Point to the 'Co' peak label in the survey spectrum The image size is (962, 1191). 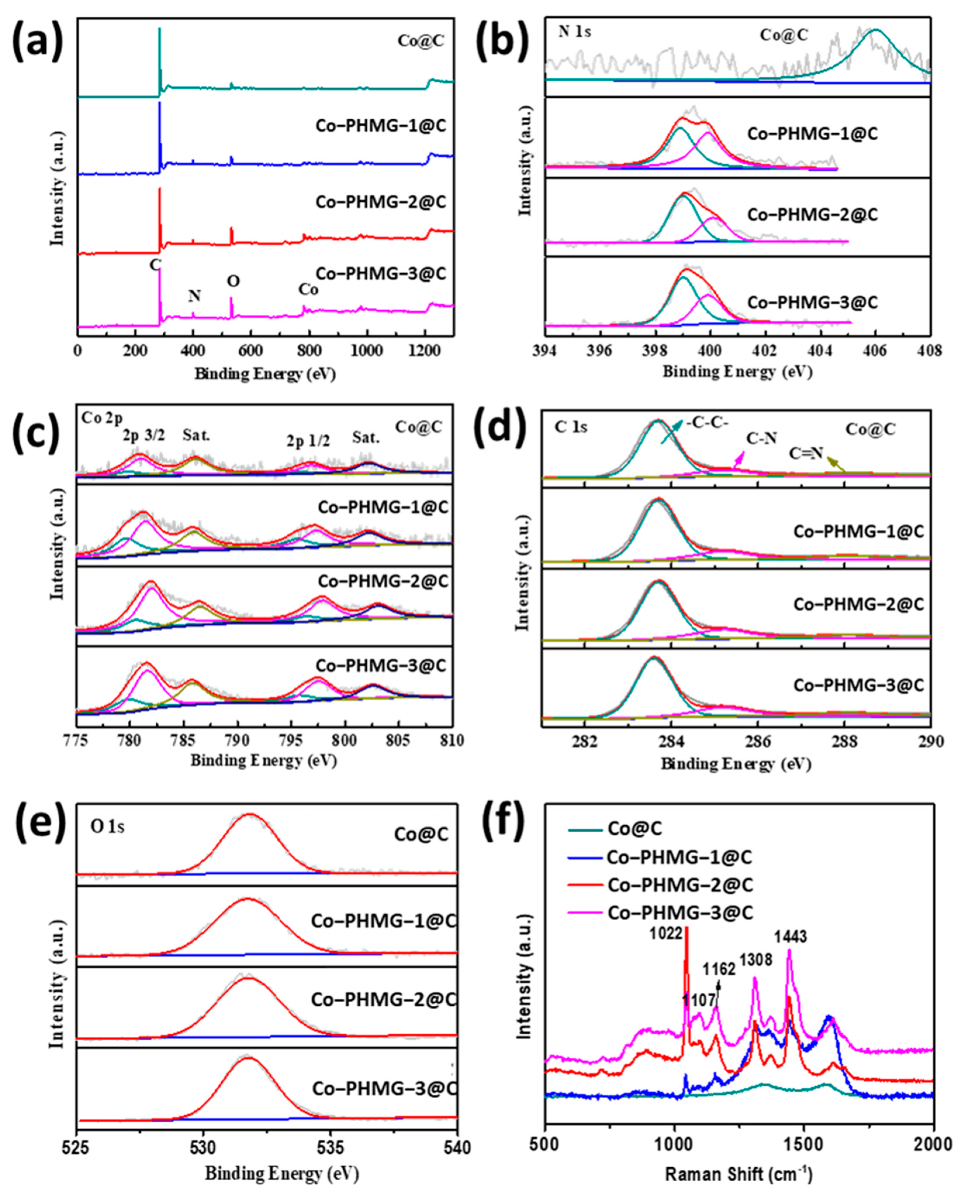pyautogui.click(x=309, y=289)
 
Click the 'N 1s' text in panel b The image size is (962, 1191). pyautogui.click(x=575, y=32)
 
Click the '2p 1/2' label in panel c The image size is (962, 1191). pyautogui.click(x=308, y=441)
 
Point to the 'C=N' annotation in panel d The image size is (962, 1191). pyautogui.click(x=807, y=453)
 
